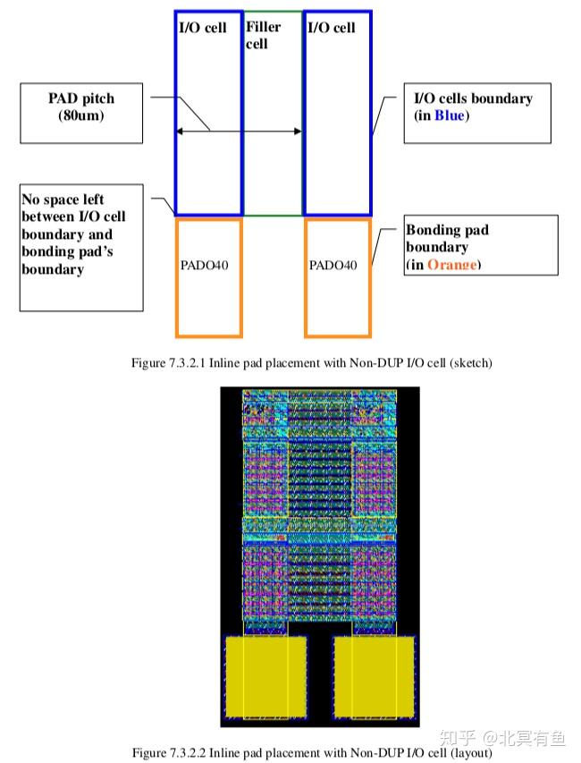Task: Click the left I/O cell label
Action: point(203,28)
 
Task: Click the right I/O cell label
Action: point(331,28)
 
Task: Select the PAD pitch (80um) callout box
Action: point(81,113)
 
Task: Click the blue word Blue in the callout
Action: point(450,115)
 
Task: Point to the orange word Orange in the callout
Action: point(451,264)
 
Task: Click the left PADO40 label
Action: point(208,266)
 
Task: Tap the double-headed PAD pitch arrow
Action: point(239,131)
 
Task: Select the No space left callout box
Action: point(81,248)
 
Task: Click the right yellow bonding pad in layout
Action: point(375,676)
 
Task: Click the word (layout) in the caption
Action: point(473,752)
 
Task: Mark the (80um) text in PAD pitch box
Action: point(81,115)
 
